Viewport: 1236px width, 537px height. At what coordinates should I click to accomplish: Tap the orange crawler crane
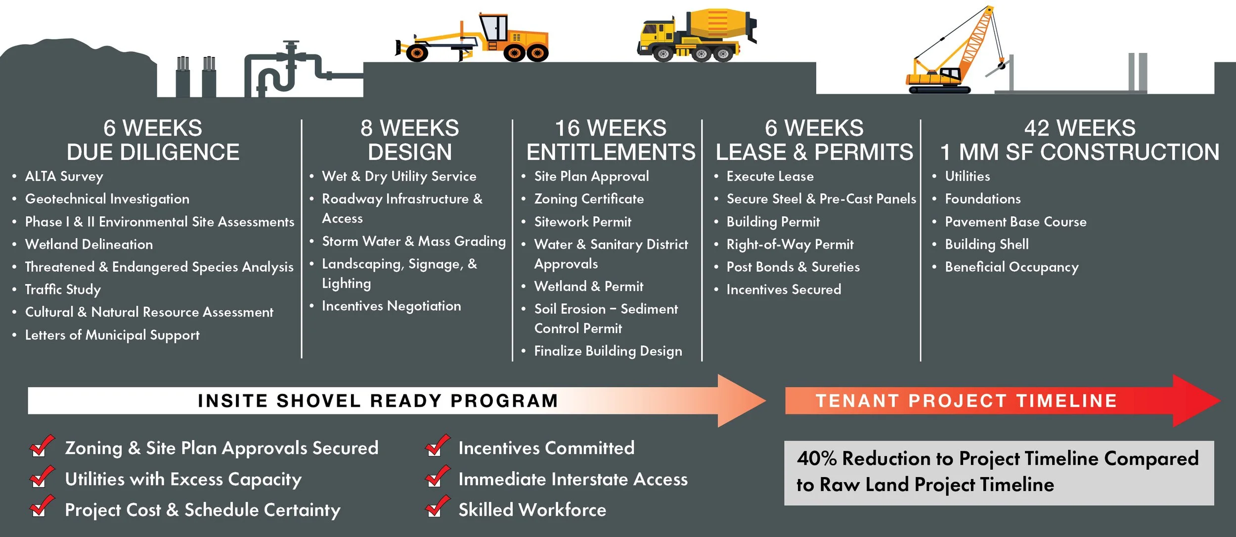(954, 59)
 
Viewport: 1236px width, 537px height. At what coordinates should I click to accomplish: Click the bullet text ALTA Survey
(64, 176)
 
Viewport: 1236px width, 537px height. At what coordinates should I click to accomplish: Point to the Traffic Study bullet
(63, 290)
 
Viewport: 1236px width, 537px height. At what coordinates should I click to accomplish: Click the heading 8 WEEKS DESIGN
(409, 140)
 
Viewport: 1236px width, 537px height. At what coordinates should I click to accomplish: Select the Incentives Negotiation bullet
(391, 306)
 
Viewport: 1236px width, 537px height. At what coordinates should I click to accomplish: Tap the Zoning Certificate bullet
(589, 199)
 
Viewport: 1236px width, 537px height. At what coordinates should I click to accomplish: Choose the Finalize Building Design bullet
(608, 351)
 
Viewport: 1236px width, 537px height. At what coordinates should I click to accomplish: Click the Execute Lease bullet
(770, 176)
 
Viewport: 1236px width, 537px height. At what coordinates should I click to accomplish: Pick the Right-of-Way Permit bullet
(790, 244)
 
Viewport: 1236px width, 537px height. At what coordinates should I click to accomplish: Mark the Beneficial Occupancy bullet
(1012, 267)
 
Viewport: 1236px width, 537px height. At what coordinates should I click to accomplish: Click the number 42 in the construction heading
(1037, 128)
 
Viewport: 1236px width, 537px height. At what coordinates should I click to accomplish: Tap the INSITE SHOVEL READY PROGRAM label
(378, 400)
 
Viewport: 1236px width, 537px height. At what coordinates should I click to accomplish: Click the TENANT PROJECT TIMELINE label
(966, 400)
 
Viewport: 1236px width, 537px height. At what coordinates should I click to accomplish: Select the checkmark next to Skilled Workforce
(437, 507)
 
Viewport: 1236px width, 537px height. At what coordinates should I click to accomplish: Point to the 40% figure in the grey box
(816, 458)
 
